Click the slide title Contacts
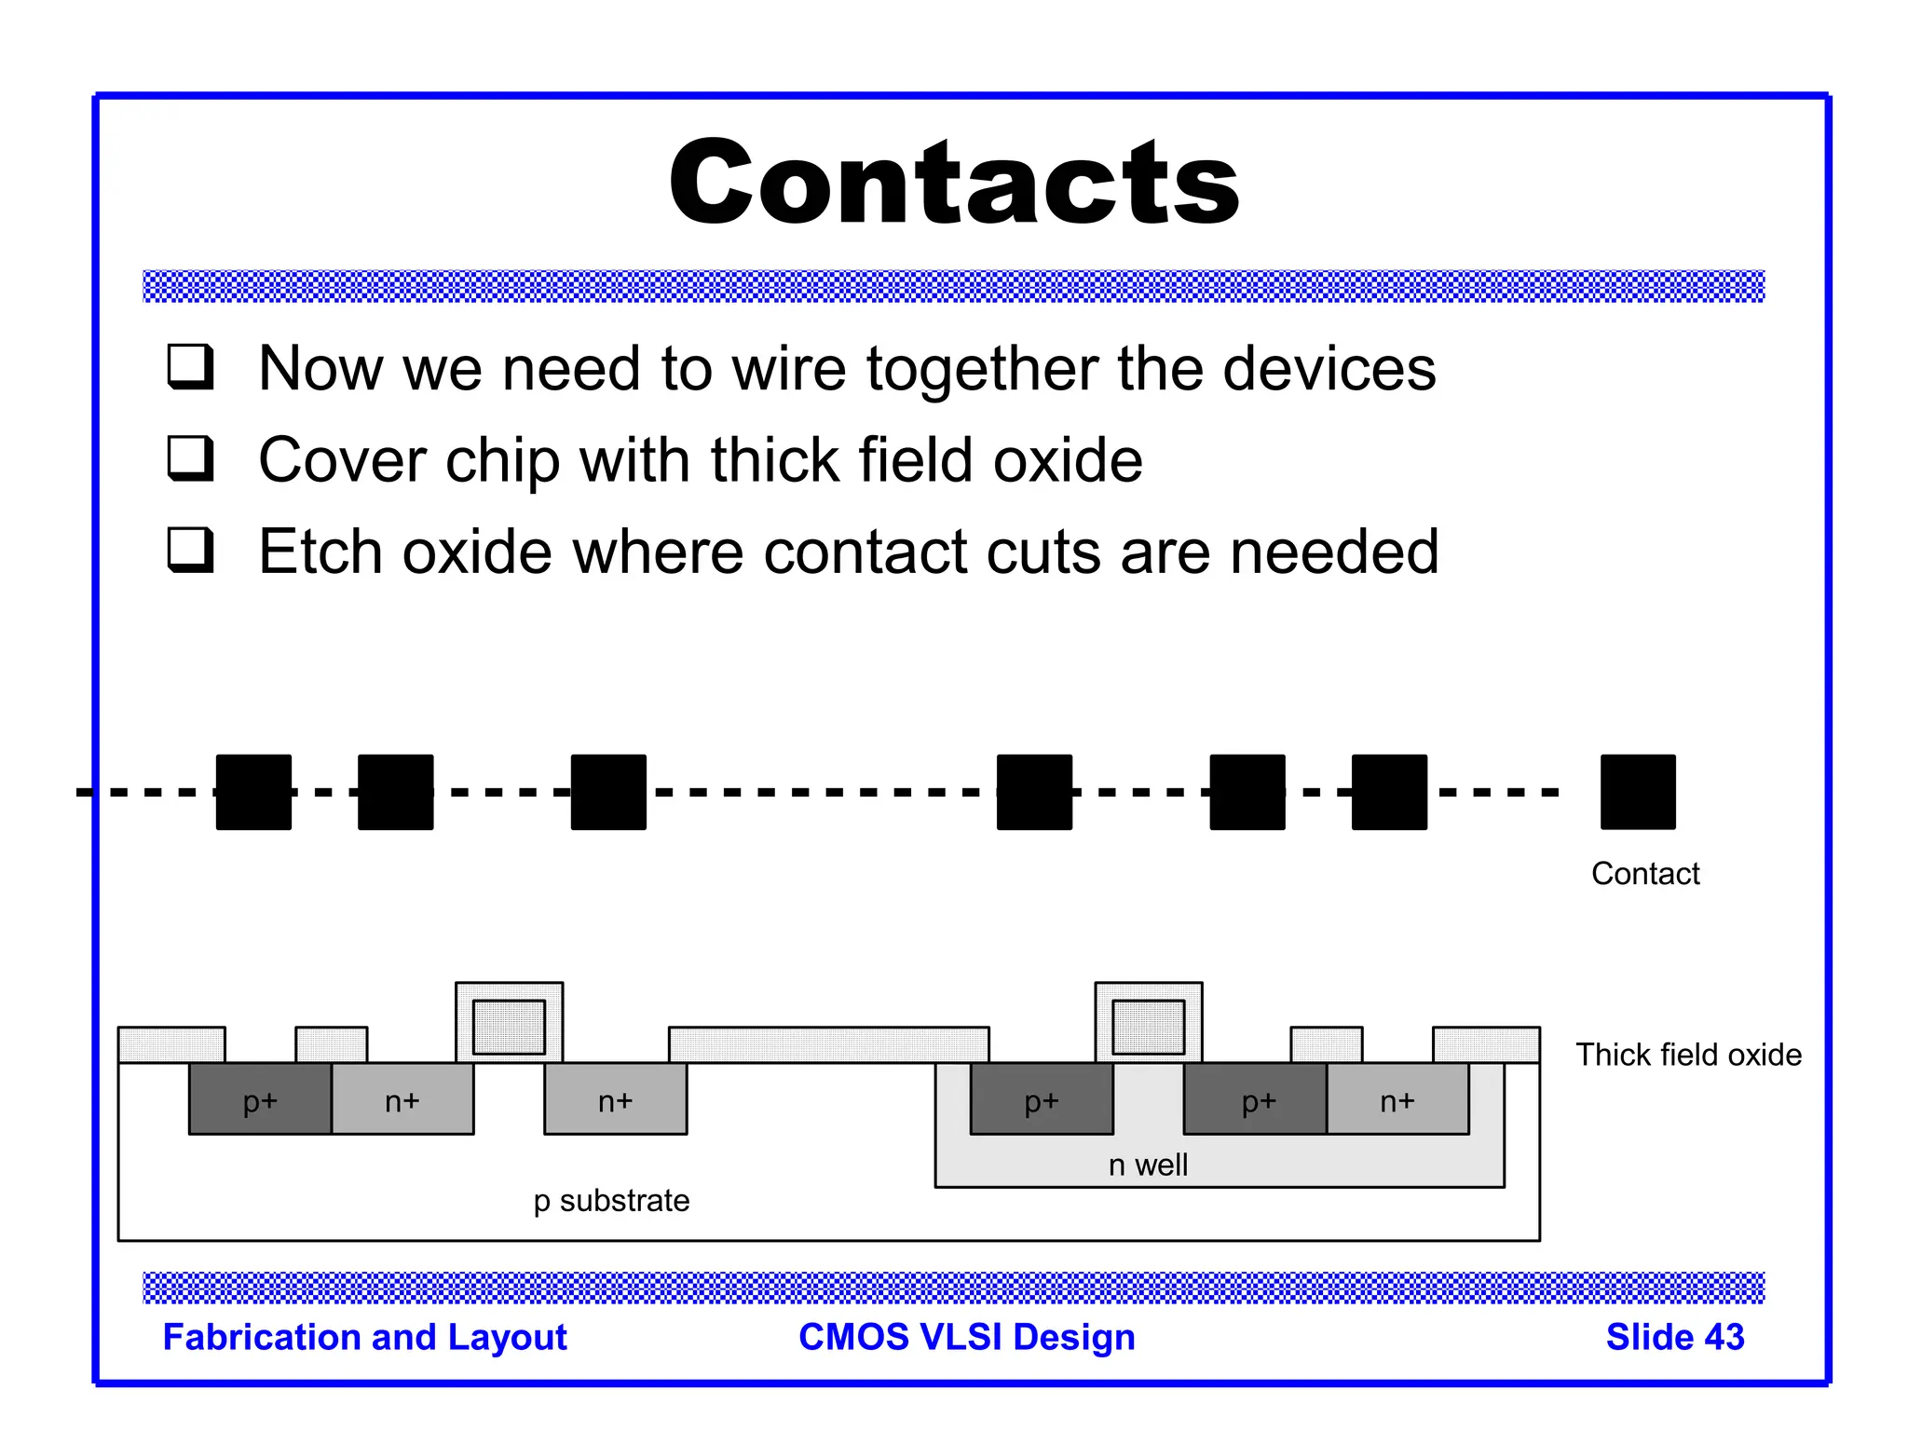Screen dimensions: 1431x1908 tap(954, 182)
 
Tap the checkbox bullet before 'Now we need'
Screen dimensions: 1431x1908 tap(191, 366)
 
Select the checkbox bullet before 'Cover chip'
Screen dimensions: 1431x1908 tap(191, 458)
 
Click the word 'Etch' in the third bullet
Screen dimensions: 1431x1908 tap(320, 552)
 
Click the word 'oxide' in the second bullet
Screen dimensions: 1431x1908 tap(1068, 459)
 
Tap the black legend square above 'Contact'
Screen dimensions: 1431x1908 tap(1638, 792)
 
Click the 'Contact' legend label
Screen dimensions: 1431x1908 tap(1645, 874)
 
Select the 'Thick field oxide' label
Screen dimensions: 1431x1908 tap(1688, 1055)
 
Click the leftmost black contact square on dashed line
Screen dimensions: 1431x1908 tap(253, 792)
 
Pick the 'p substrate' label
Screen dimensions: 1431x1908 tap(611, 1201)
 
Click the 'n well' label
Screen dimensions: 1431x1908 tap(1148, 1165)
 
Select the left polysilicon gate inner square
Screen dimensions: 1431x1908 tap(509, 1027)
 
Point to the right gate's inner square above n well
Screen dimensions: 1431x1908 tap(1149, 1027)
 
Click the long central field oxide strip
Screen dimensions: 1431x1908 tap(828, 1044)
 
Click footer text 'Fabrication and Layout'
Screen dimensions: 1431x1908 tap(364, 1337)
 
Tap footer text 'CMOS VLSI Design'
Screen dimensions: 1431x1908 tap(967, 1337)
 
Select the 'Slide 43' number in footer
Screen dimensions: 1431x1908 tap(1674, 1337)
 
